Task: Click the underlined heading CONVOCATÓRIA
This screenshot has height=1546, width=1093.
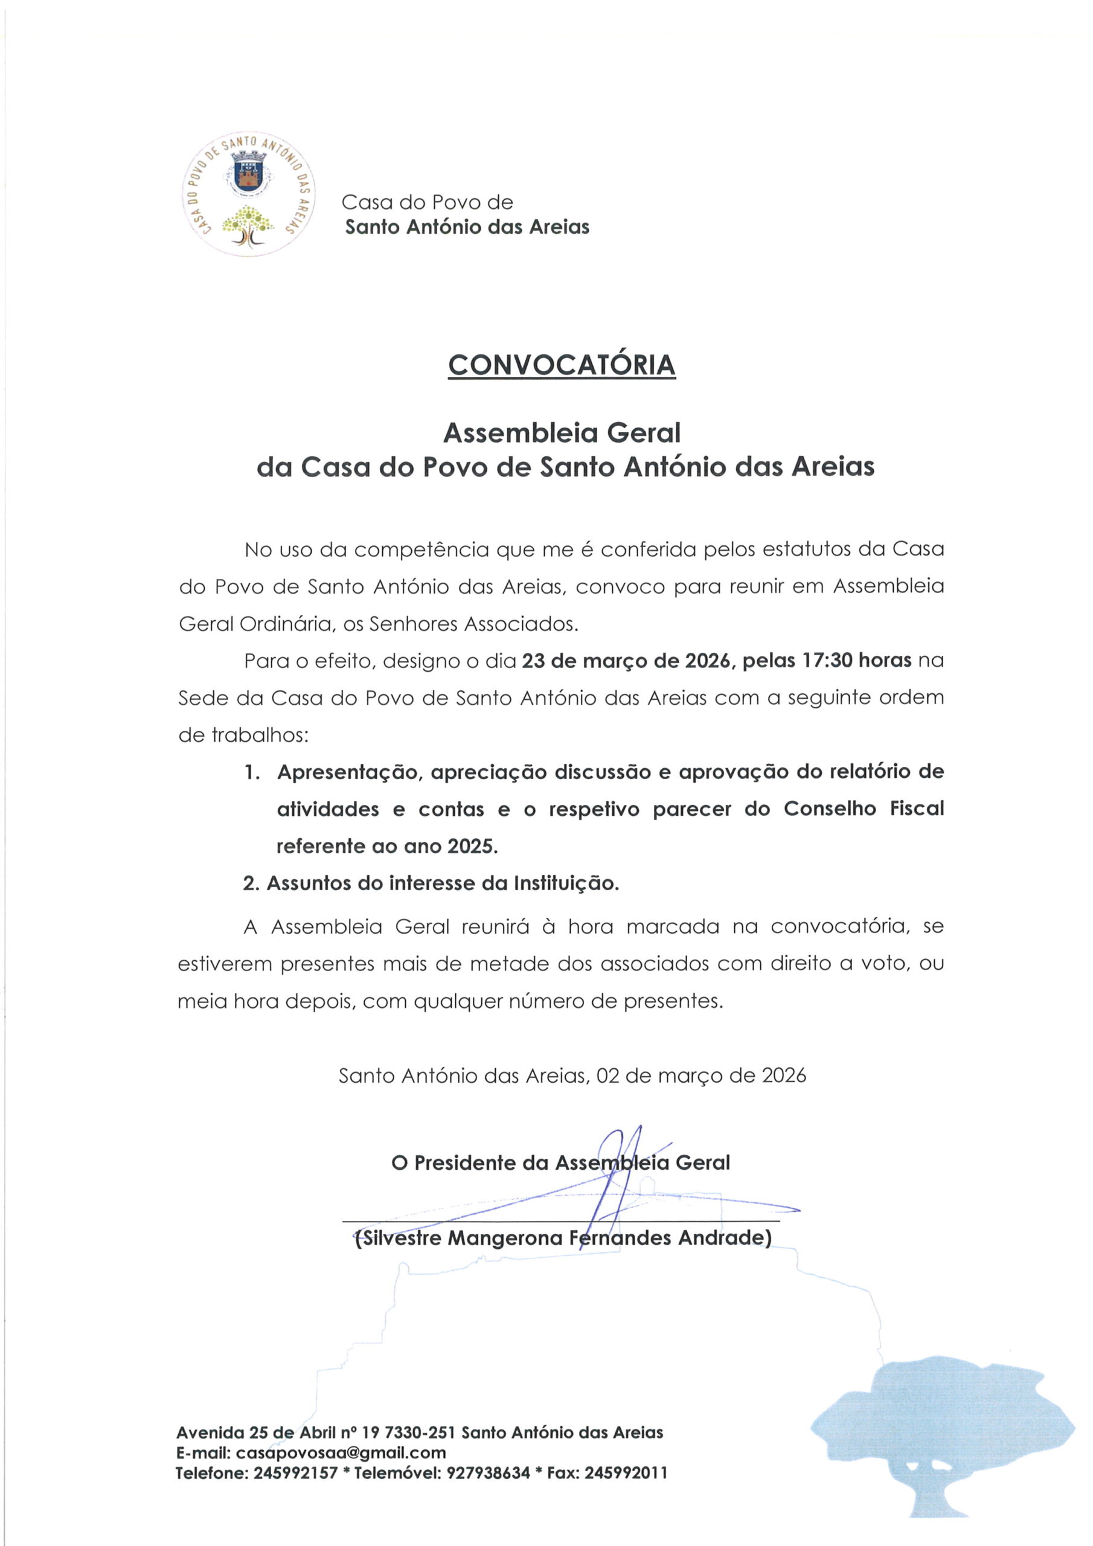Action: point(561,365)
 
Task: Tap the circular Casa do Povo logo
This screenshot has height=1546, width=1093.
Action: point(249,194)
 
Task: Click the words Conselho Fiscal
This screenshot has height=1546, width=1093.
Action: point(864,809)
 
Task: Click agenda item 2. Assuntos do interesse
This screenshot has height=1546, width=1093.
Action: point(431,884)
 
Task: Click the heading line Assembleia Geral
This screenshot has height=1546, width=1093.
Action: point(561,433)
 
